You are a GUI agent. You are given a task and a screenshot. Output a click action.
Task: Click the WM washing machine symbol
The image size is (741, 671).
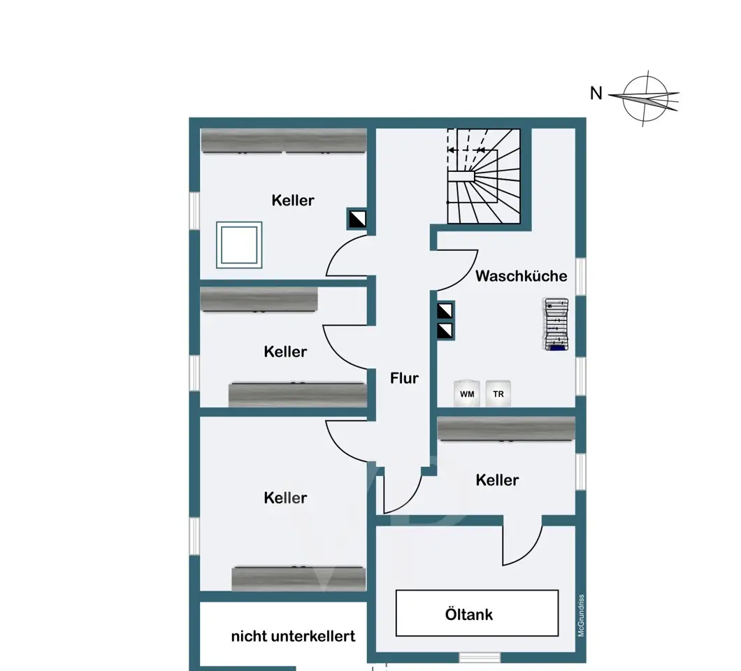(x=467, y=393)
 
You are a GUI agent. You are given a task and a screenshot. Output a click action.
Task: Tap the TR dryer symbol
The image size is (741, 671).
(x=498, y=393)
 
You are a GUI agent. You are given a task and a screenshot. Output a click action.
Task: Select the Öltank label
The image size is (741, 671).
(x=469, y=614)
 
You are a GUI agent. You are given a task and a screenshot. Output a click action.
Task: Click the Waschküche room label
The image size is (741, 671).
(x=521, y=276)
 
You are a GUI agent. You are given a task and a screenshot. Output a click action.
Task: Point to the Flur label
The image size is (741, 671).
(x=405, y=378)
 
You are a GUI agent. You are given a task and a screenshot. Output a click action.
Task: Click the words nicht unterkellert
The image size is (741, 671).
(x=293, y=637)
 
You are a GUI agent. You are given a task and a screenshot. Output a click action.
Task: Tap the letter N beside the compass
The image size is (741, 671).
(x=596, y=93)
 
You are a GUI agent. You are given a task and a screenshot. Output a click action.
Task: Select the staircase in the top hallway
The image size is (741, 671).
(x=484, y=175)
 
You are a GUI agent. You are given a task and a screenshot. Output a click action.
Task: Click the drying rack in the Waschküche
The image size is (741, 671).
(x=556, y=324)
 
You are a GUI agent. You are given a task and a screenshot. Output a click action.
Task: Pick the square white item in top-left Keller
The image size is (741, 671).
(x=239, y=245)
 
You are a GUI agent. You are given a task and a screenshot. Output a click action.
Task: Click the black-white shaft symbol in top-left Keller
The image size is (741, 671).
(x=357, y=219)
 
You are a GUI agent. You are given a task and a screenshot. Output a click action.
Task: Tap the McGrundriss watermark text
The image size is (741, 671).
(x=582, y=615)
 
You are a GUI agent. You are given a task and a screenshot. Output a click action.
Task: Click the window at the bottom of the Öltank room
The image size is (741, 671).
(x=480, y=657)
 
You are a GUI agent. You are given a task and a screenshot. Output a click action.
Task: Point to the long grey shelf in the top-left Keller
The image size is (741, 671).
(x=284, y=140)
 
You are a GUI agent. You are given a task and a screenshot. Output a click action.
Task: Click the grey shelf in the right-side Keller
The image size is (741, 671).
(x=507, y=429)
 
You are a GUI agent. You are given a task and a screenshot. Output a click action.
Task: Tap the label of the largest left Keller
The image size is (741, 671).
(x=285, y=498)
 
